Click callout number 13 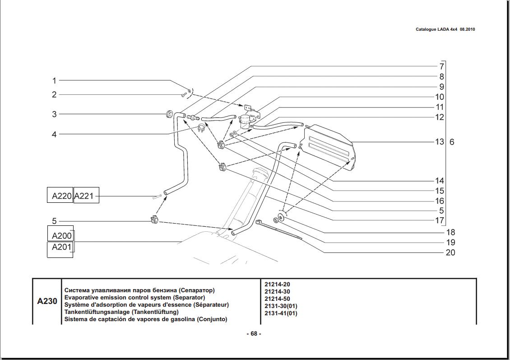439,142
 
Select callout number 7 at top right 441,66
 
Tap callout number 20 450,252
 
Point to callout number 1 54,81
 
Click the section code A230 47,301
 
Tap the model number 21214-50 277,299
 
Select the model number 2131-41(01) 281,313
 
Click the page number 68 254,334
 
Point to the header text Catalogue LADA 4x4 436,29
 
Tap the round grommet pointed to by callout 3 170,113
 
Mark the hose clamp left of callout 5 153,221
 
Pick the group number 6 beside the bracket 452,142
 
